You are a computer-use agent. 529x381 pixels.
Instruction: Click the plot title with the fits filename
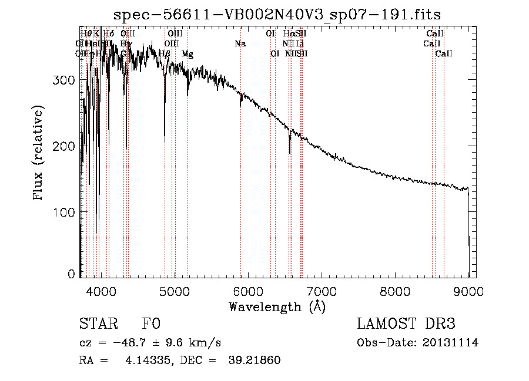(x=277, y=15)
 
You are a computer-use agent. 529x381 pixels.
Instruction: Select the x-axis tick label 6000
(x=248, y=292)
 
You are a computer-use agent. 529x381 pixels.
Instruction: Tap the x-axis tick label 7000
(x=322, y=292)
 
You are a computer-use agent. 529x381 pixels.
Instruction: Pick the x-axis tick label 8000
(x=396, y=292)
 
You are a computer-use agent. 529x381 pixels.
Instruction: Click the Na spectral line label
(x=240, y=43)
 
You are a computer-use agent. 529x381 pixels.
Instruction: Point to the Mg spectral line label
(x=187, y=53)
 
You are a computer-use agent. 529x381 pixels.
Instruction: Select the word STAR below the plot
(x=99, y=324)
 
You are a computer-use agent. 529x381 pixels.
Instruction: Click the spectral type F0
(x=151, y=324)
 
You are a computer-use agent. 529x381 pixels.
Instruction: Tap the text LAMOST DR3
(x=406, y=324)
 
